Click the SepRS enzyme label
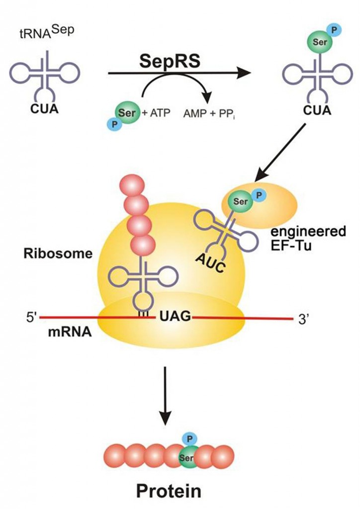[170, 61]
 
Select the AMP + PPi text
[209, 114]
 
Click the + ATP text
[156, 113]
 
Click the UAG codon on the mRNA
[175, 315]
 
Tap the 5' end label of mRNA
[31, 318]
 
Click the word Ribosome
[58, 254]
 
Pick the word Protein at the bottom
[169, 491]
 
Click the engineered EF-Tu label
[308, 238]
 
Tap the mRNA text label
[70, 333]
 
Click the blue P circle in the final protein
[190, 439]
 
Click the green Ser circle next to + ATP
[127, 113]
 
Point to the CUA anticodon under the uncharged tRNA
[44, 109]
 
